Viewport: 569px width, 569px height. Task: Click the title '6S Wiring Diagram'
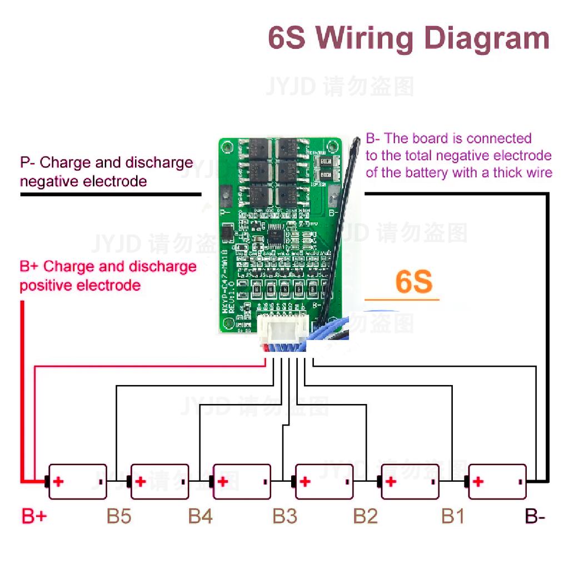tap(408, 38)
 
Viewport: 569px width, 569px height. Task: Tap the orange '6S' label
tap(413, 282)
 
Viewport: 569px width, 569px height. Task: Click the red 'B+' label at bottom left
tap(34, 516)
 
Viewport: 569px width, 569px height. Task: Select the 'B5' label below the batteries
tap(119, 516)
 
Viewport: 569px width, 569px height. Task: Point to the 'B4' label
tap(200, 516)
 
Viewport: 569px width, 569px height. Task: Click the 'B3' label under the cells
tap(284, 516)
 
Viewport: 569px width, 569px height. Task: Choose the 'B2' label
tap(365, 516)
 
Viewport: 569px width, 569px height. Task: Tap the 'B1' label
tap(452, 516)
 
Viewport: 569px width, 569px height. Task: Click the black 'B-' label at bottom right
tap(535, 516)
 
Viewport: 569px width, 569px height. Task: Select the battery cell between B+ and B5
tap(77, 482)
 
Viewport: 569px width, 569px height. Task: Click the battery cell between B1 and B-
tap(497, 482)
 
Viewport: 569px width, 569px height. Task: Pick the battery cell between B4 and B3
tap(242, 482)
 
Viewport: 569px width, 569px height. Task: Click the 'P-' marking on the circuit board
tap(225, 212)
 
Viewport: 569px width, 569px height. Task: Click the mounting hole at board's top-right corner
tap(332, 147)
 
